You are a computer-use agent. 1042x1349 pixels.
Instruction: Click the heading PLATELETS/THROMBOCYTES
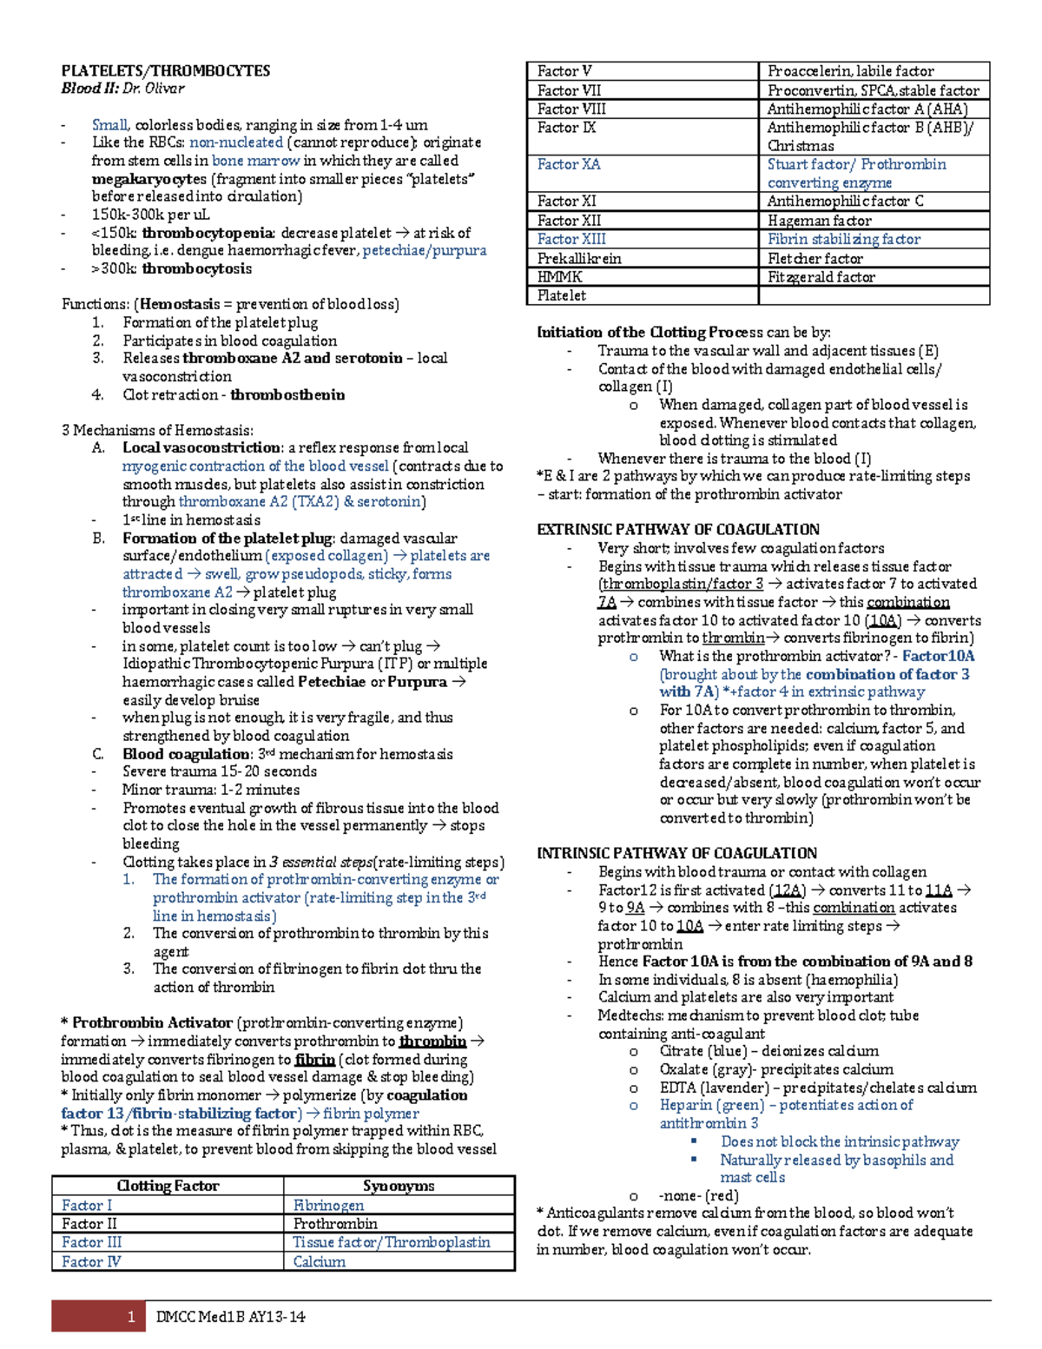[x=165, y=71]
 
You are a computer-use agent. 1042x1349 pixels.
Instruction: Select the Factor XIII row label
[x=571, y=239]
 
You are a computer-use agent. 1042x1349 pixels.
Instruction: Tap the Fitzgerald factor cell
[x=821, y=277]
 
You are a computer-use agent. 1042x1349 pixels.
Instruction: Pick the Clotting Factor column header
[x=168, y=1186]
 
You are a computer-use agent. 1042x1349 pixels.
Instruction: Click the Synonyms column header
[x=399, y=1186]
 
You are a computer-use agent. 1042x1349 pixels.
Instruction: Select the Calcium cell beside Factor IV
[x=320, y=1261]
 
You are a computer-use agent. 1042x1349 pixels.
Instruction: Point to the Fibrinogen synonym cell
[x=328, y=1205]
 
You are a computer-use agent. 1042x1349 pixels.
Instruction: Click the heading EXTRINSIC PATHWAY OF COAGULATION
[x=678, y=529]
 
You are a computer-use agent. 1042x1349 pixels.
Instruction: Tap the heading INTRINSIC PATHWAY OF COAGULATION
[x=676, y=853]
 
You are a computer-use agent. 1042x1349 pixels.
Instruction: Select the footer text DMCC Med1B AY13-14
[x=230, y=1317]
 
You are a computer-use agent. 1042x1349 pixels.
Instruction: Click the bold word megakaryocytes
[x=148, y=179]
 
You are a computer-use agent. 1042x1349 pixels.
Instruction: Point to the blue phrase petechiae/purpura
[x=424, y=250]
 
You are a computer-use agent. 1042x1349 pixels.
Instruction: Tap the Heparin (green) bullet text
[x=786, y=1105]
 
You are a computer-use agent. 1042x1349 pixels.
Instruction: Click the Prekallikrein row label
[x=579, y=259]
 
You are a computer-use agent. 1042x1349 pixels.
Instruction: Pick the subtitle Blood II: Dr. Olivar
[x=122, y=88]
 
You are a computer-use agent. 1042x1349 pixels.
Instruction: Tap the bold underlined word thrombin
[x=432, y=1041]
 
